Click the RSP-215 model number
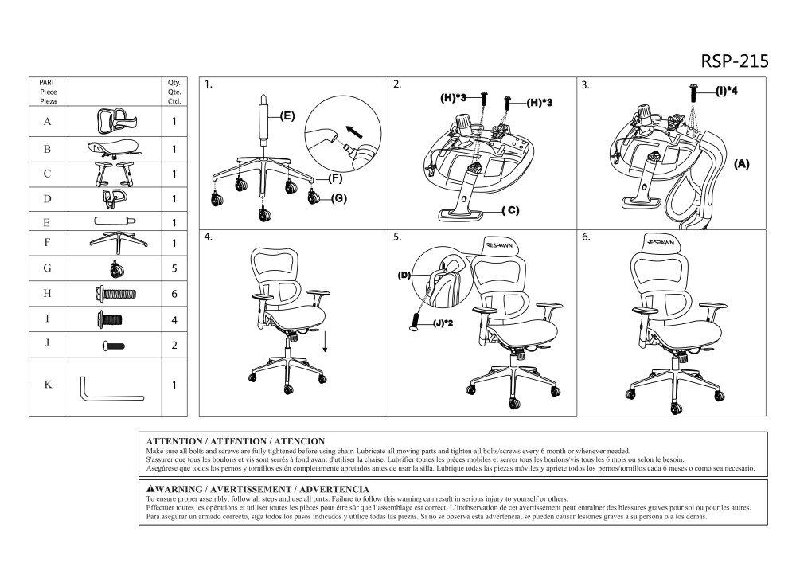[735, 62]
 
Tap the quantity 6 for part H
[174, 293]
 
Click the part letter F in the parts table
[48, 242]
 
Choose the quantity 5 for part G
[174, 268]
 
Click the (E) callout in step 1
[287, 115]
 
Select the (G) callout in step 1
[338, 198]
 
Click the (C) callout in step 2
[511, 211]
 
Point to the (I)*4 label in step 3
[726, 92]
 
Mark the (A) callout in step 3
[740, 164]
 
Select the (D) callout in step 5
[404, 275]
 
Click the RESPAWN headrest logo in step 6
[661, 242]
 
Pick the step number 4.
[209, 237]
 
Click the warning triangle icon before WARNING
[151, 487]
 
